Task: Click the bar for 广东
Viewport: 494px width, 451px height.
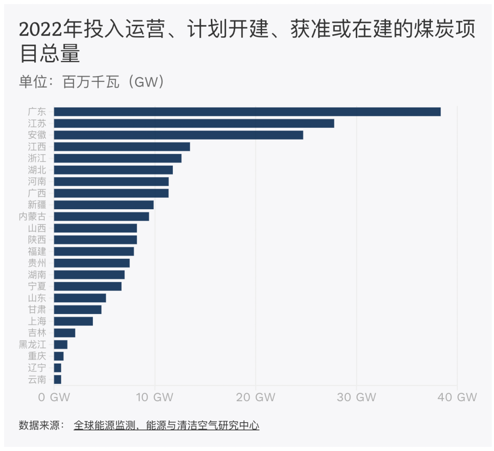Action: tap(247, 112)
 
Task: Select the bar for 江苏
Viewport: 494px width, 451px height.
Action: tap(194, 124)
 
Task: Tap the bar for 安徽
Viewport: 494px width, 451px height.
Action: tap(178, 135)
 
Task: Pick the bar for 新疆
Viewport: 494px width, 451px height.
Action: tap(104, 205)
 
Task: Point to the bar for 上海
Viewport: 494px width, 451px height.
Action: tap(73, 321)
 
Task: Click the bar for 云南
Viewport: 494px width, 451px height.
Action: tap(58, 379)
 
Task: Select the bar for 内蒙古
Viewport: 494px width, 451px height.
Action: tap(102, 217)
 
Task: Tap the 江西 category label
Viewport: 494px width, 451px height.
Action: tap(37, 147)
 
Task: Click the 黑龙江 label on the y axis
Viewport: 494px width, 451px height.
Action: tap(32, 344)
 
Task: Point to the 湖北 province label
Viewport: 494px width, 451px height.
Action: tap(37, 170)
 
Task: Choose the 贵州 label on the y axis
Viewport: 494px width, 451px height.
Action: tap(37, 263)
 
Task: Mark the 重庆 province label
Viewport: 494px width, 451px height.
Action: tap(37, 356)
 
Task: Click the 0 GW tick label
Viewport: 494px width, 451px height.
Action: tap(54, 397)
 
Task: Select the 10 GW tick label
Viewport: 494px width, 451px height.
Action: tap(155, 397)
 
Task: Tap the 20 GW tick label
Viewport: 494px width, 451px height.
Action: tap(255, 397)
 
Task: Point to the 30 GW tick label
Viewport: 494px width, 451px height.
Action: tap(356, 397)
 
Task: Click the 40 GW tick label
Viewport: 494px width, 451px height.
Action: tap(456, 397)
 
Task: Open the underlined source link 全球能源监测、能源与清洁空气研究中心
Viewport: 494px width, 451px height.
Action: tap(166, 425)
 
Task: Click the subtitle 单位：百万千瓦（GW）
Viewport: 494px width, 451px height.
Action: tap(91, 82)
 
